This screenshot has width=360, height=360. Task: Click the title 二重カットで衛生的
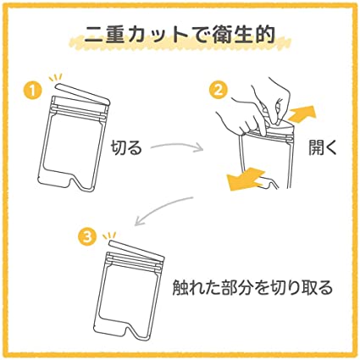(180, 35)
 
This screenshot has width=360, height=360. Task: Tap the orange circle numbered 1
(32, 91)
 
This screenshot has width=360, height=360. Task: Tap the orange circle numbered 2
(218, 90)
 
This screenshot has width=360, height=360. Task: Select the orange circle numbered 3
(87, 237)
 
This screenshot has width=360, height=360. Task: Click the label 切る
(126, 147)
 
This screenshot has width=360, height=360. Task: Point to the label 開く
(323, 147)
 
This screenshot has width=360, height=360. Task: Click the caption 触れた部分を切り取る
(252, 287)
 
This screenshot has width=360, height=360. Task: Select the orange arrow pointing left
(246, 179)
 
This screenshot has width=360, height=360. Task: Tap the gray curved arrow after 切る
(178, 146)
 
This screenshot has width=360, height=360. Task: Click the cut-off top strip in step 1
(82, 93)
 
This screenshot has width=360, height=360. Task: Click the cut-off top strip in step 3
(136, 249)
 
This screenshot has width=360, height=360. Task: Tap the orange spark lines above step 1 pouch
(56, 77)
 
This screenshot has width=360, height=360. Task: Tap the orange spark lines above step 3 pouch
(109, 235)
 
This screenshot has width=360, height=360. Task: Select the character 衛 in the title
(222, 35)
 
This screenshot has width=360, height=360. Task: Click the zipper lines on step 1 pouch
(80, 110)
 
